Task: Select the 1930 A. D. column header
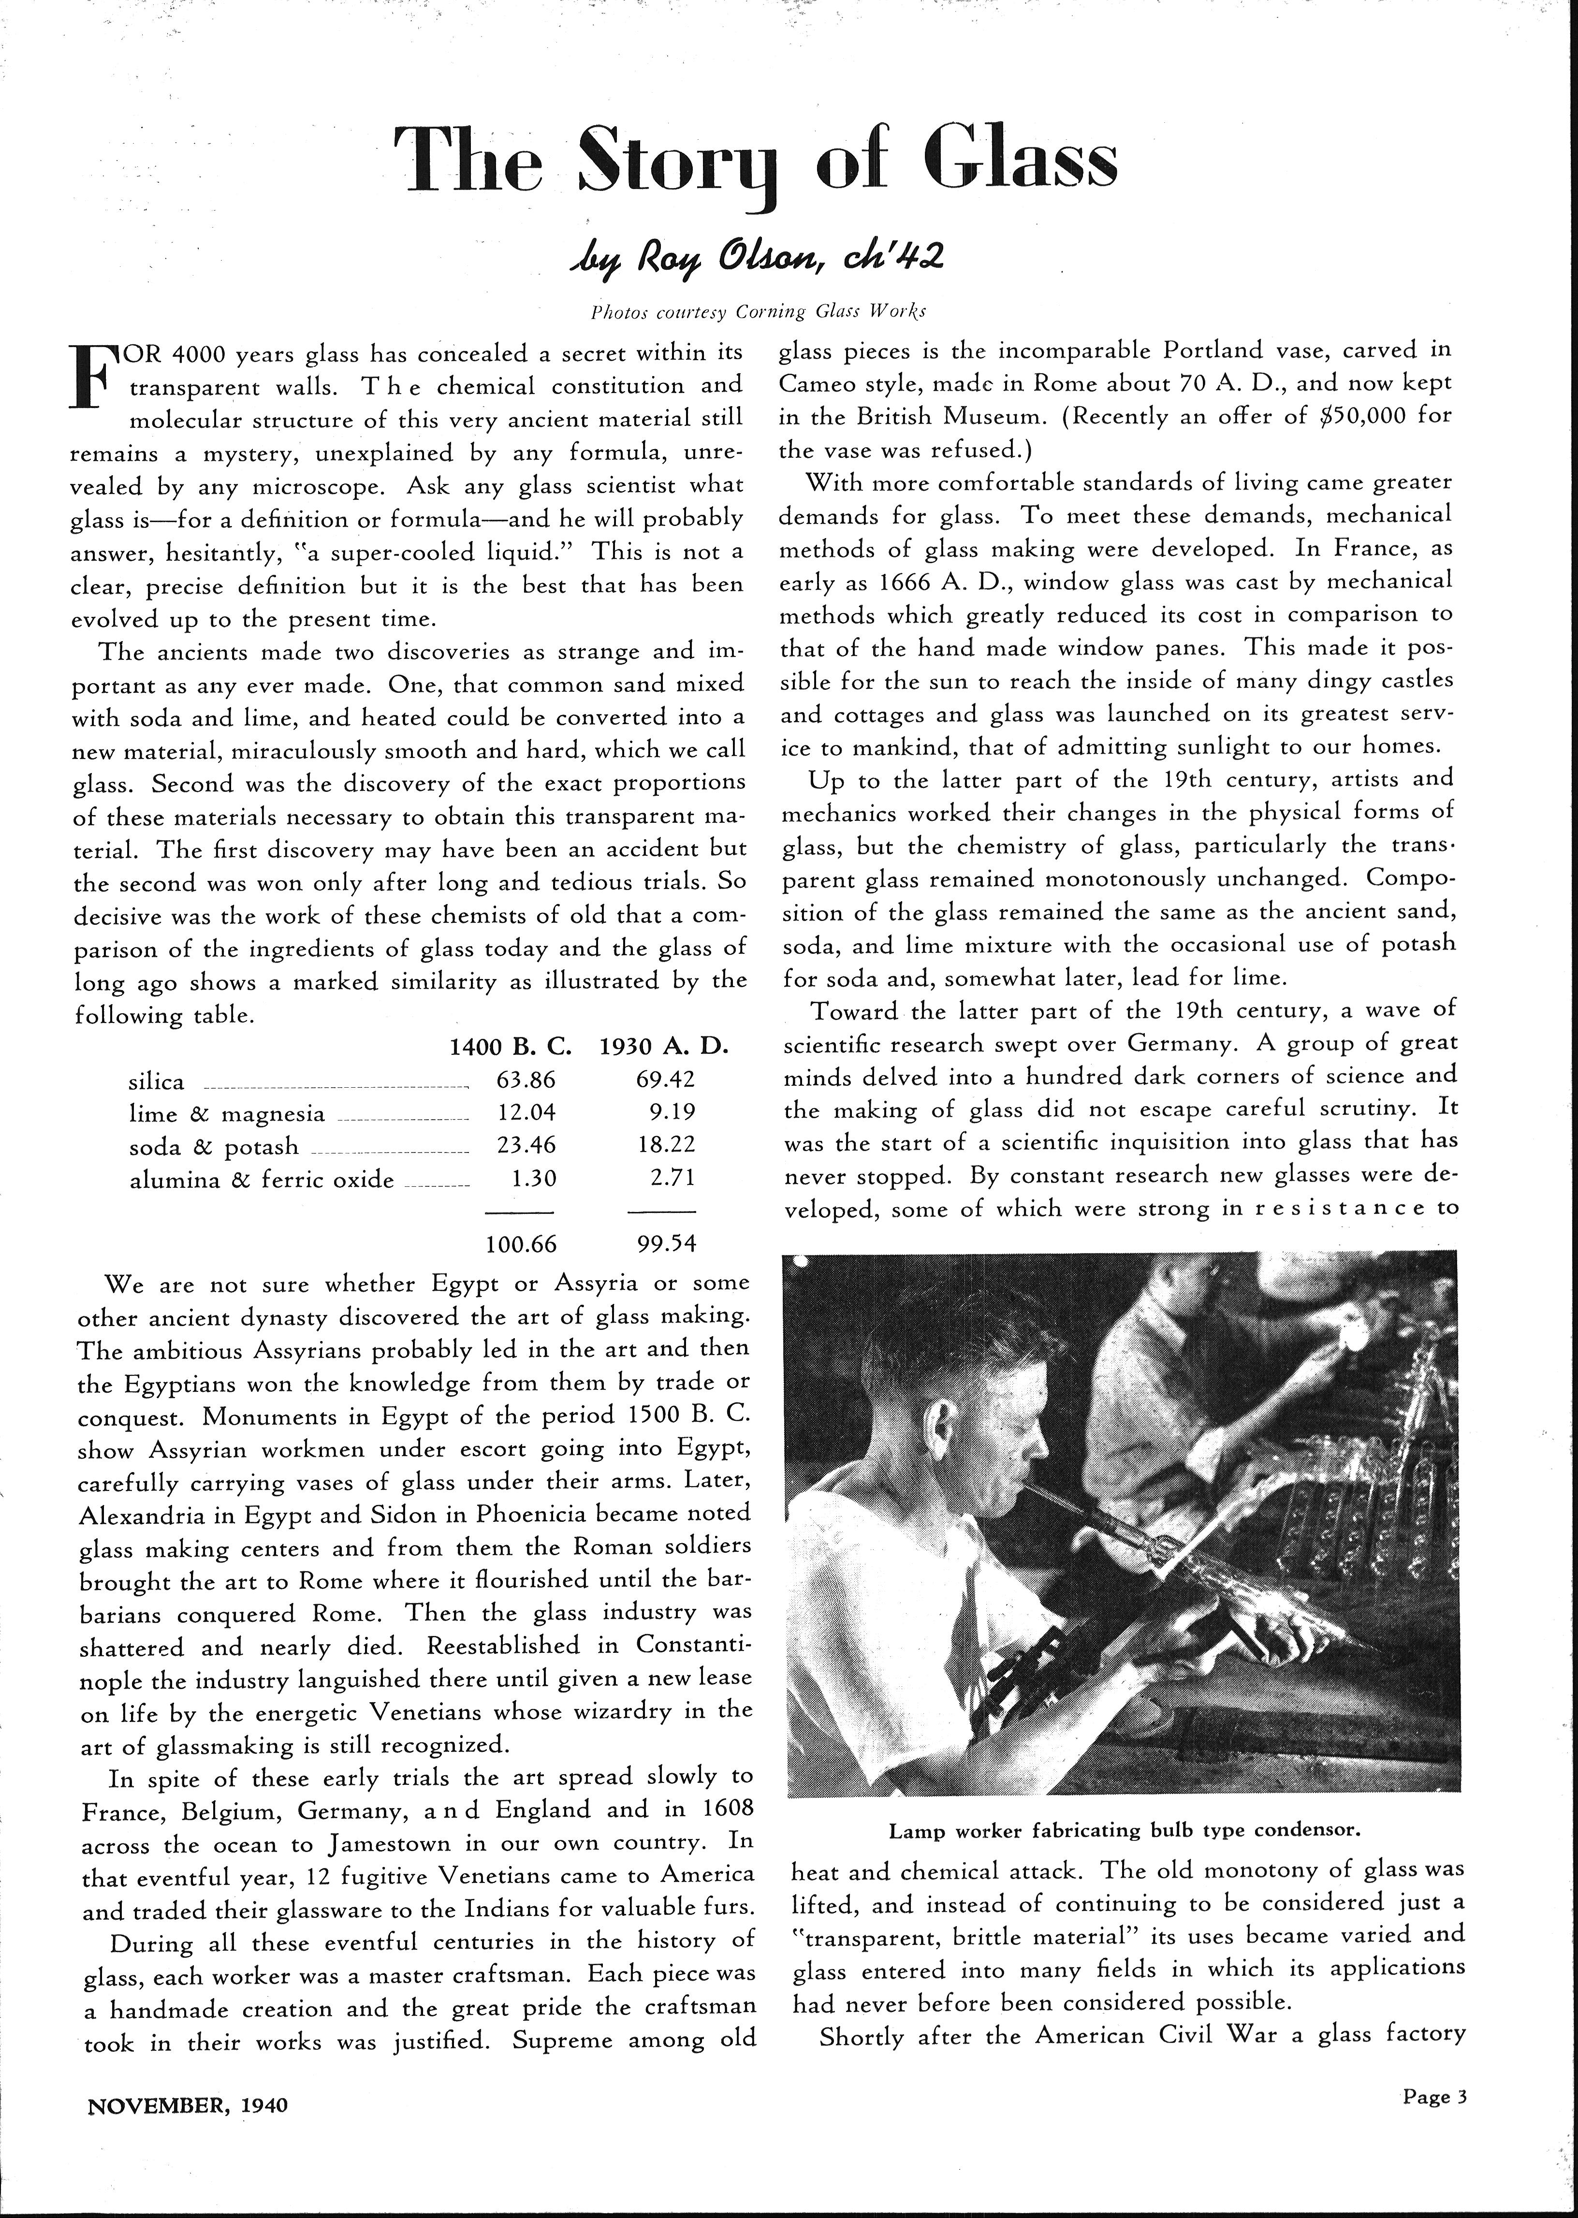(x=665, y=1047)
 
